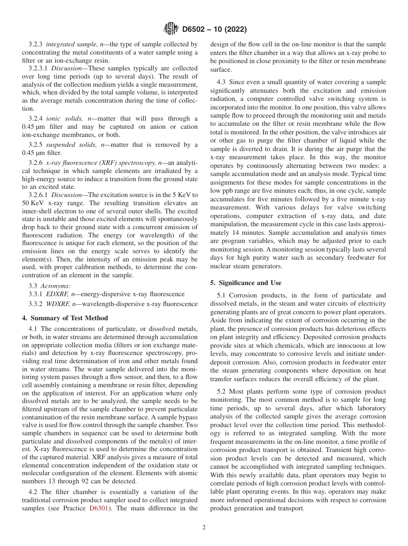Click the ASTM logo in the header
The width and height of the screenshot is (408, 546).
(x=171, y=30)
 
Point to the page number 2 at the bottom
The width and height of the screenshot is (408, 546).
(x=204, y=528)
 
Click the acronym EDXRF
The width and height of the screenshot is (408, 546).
(x=56, y=294)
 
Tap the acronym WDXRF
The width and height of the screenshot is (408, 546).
(x=57, y=304)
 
